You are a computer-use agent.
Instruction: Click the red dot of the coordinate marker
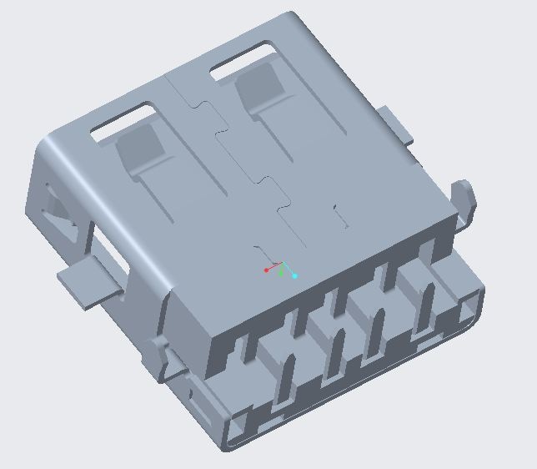click(x=266, y=270)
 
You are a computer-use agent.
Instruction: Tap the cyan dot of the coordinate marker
click(x=294, y=275)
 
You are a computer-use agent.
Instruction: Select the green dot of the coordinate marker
click(x=282, y=273)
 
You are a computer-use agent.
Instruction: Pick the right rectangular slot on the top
click(x=243, y=63)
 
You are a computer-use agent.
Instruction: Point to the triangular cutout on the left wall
click(x=58, y=208)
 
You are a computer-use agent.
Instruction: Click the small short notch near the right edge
click(x=340, y=215)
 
